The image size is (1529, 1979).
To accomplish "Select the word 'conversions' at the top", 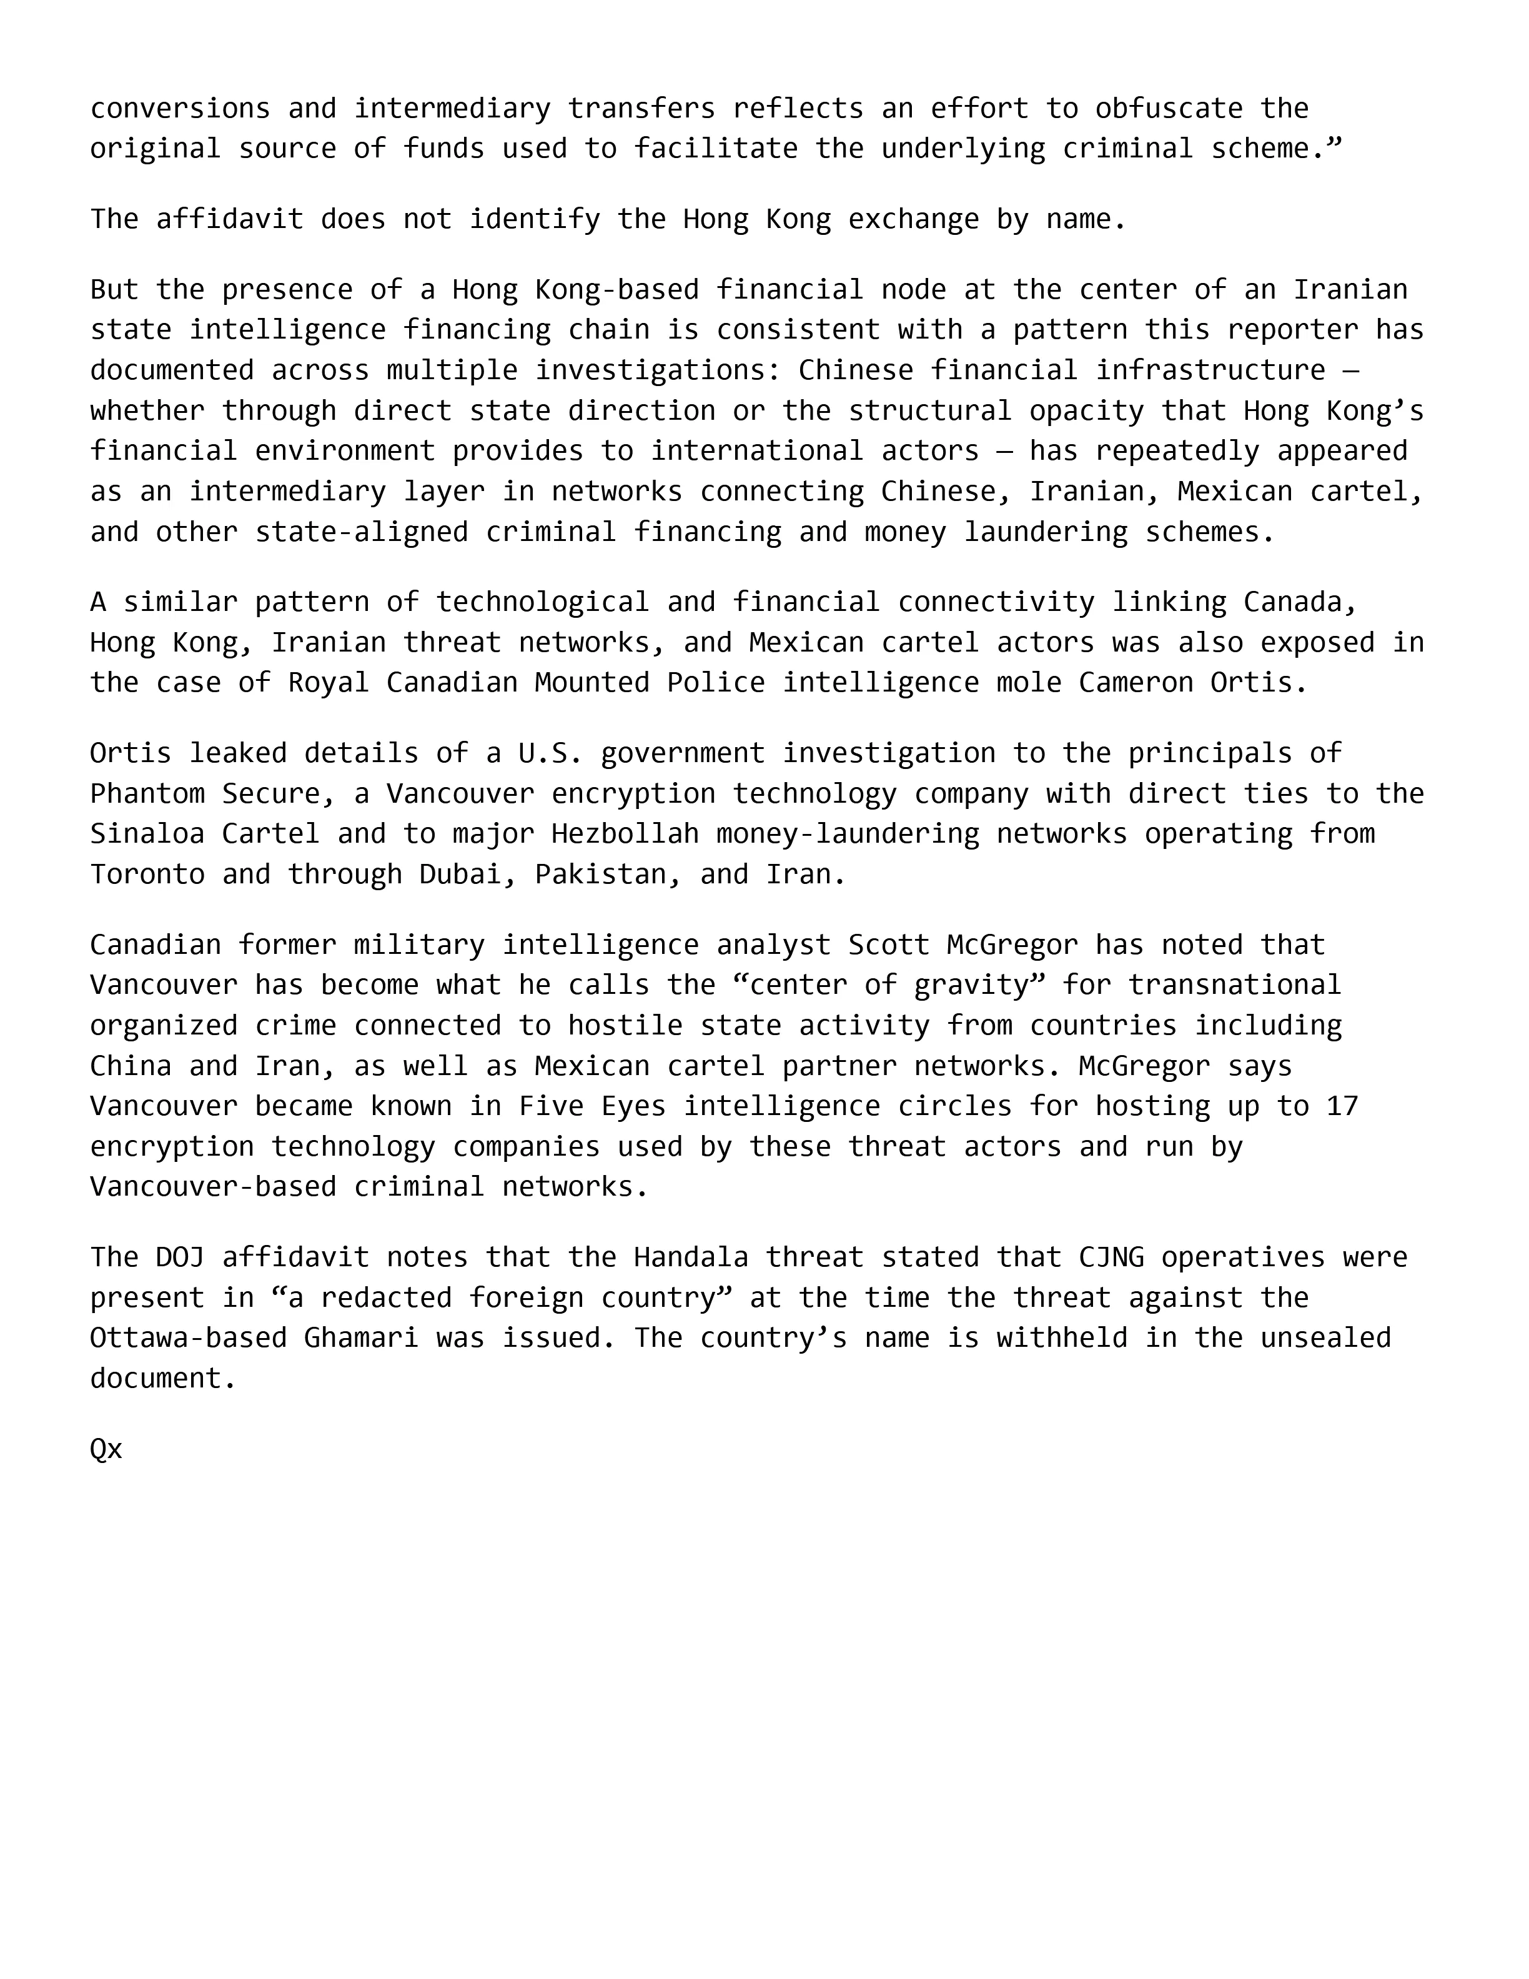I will tap(179, 109).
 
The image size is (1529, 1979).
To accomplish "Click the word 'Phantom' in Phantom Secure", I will tap(147, 794).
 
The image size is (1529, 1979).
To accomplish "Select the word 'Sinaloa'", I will tap(147, 834).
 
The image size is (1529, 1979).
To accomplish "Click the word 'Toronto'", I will tap(147, 875).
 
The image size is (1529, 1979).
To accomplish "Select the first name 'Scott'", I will tap(889, 945).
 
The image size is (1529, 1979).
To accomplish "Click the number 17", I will tap(1342, 1106).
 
